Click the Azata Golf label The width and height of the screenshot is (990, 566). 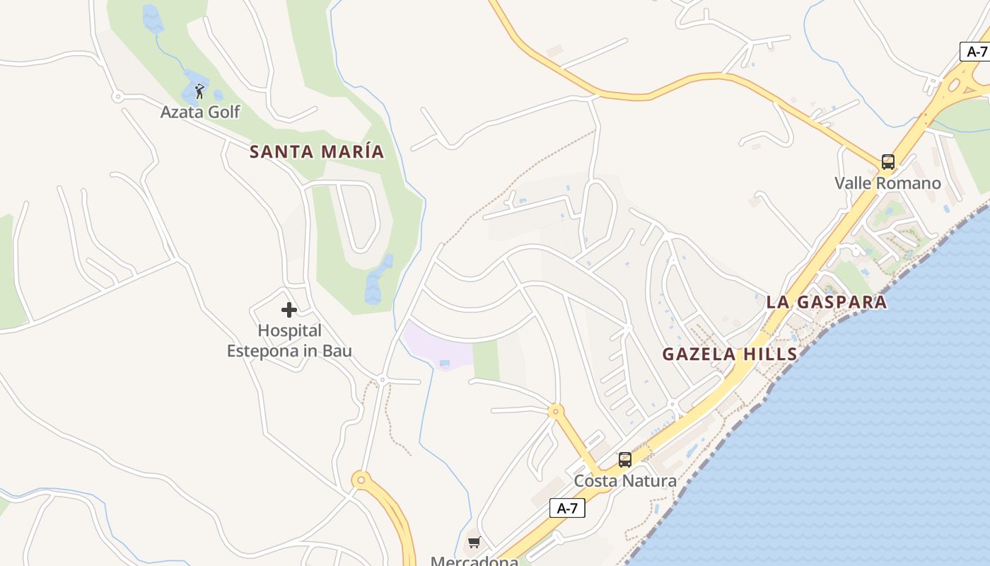click(200, 112)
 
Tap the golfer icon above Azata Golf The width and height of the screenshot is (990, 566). click(199, 91)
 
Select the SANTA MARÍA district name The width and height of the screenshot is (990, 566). click(317, 151)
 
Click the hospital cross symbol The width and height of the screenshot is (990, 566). click(289, 309)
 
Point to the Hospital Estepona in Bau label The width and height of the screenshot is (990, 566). click(289, 340)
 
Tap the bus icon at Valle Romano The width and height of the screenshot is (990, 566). click(887, 162)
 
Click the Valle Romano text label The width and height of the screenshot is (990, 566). click(887, 183)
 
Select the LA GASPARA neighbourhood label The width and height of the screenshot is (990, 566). click(826, 302)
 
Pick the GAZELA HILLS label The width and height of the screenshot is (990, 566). click(730, 354)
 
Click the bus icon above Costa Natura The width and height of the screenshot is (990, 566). click(624, 460)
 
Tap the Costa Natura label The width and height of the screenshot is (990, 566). click(625, 481)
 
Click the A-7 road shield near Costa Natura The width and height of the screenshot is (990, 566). click(567, 508)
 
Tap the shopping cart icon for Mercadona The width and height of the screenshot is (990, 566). click(474, 543)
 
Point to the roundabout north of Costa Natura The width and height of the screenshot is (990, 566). click(556, 410)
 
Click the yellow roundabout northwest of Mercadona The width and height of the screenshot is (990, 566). click(361, 480)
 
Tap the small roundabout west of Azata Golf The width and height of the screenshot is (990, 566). click(118, 96)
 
